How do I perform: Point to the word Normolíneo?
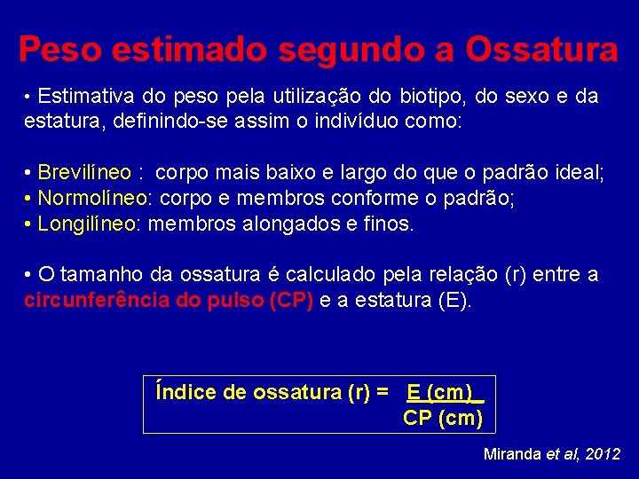(91, 198)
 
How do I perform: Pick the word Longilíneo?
(86, 224)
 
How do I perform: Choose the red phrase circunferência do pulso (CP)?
(169, 300)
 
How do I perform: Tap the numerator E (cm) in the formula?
(440, 392)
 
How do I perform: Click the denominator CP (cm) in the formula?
(443, 418)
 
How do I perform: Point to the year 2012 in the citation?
(603, 453)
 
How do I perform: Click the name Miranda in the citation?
(512, 453)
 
